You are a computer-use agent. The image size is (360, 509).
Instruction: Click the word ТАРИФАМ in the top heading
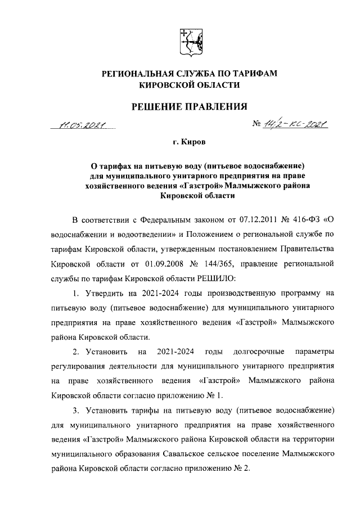[x=248, y=74]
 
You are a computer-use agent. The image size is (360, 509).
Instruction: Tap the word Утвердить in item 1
[x=105, y=293]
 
